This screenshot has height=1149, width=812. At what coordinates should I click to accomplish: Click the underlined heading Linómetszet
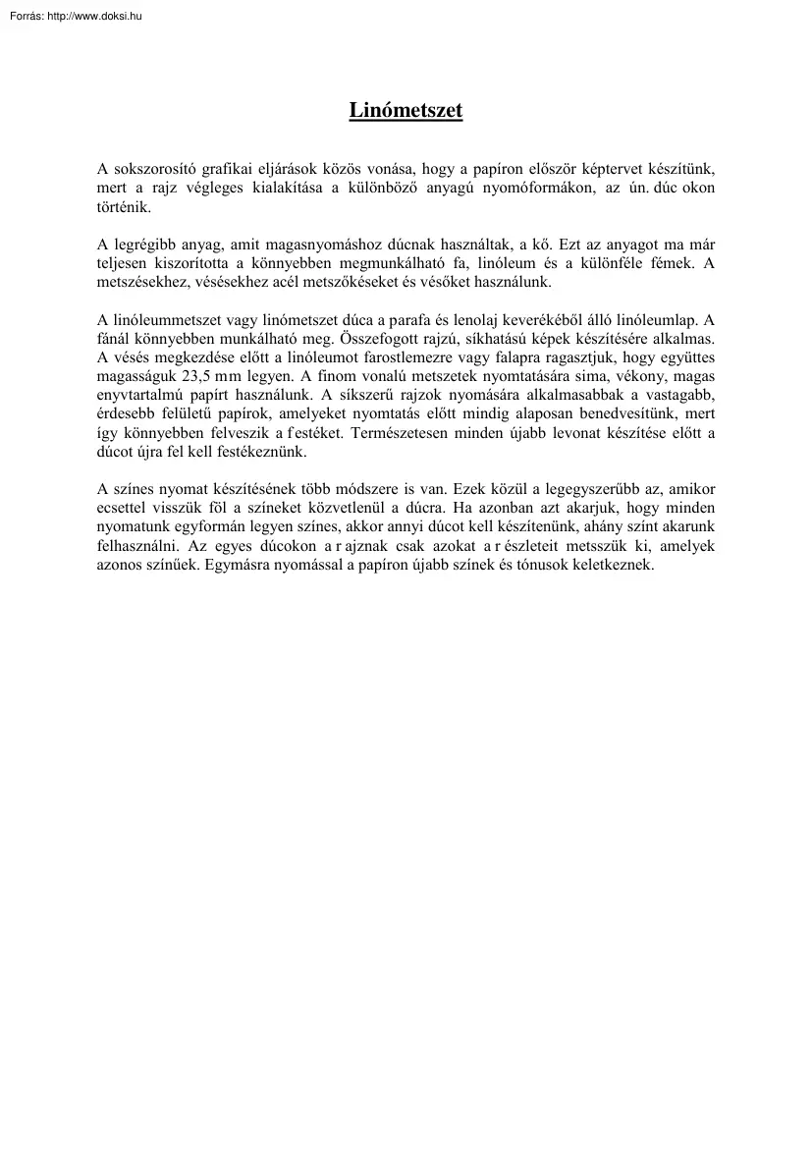tap(406, 111)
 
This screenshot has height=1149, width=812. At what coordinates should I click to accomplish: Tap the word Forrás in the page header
tap(20, 16)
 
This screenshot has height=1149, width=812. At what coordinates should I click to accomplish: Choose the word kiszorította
tap(190, 263)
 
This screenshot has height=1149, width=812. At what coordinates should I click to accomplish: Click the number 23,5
tap(202, 378)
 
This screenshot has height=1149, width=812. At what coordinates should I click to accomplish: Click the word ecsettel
tap(125, 509)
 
